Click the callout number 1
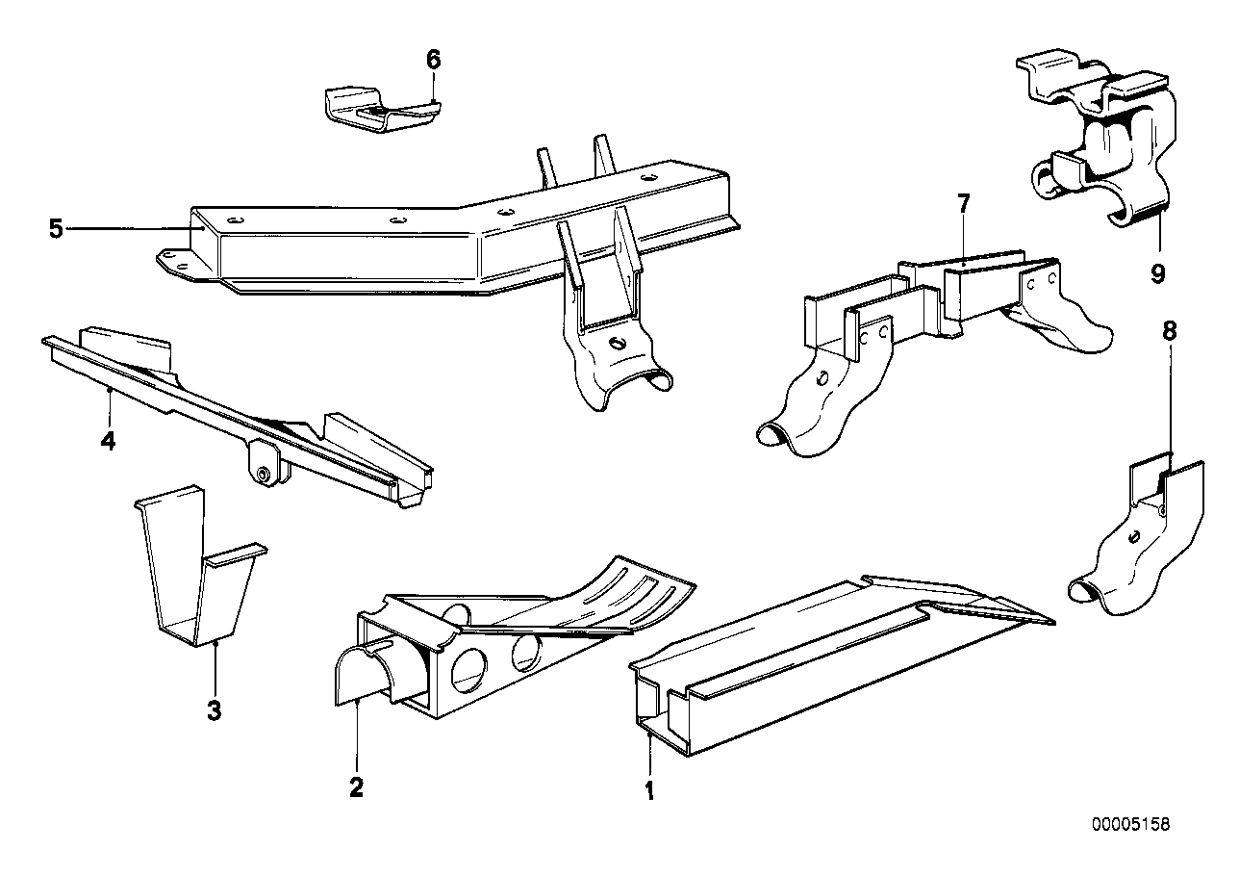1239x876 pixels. (649, 791)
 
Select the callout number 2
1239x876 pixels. (356, 787)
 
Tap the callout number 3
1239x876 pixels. (215, 711)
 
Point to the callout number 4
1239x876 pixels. (109, 442)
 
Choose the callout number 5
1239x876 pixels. (56, 229)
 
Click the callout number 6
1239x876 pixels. (433, 60)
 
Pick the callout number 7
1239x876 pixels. (963, 203)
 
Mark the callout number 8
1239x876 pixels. (1169, 331)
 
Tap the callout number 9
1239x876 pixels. (1157, 274)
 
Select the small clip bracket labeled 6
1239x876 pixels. (375, 110)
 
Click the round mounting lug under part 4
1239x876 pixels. (262, 473)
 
